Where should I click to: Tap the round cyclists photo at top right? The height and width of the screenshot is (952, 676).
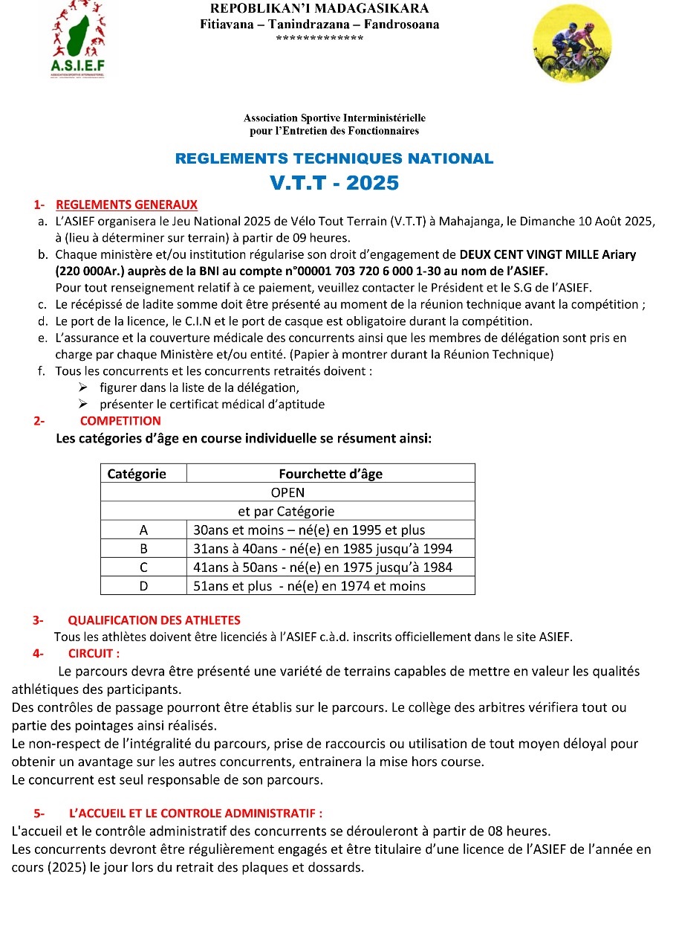[573, 43]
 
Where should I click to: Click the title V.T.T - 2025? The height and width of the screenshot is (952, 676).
[334, 183]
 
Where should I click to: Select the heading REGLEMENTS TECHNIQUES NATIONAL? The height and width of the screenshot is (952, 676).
[334, 158]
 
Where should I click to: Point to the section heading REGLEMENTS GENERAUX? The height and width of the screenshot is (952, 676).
[127, 205]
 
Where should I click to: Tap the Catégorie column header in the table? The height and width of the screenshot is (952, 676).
[137, 474]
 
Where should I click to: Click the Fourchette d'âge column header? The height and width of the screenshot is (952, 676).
[331, 474]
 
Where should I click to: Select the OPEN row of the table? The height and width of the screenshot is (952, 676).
[287, 492]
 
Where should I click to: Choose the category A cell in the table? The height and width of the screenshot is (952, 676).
[143, 530]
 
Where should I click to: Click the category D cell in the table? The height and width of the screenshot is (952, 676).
[143, 586]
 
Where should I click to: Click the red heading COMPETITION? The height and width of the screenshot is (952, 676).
[120, 421]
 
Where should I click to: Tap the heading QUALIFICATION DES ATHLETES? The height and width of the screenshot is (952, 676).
[154, 620]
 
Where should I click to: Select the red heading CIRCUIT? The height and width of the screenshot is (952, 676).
[94, 654]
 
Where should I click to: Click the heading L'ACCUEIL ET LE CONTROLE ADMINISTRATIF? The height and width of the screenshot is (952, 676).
[195, 814]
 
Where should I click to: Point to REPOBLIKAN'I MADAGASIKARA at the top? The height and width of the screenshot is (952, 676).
[319, 9]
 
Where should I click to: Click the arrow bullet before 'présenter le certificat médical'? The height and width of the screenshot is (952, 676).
[84, 405]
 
